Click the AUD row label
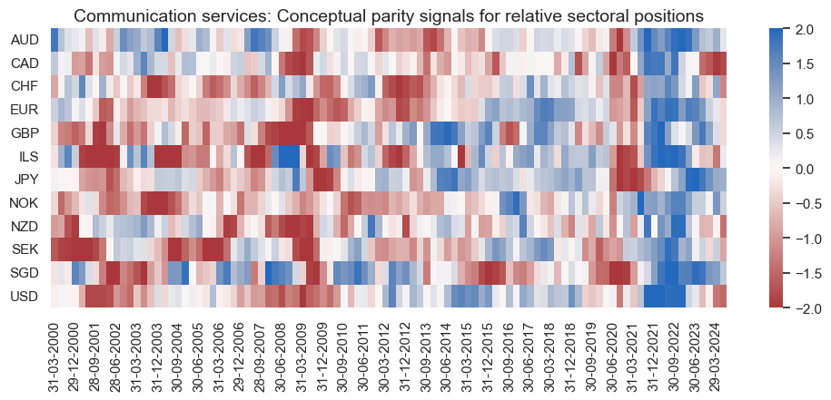(x=24, y=40)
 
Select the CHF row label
(x=24, y=87)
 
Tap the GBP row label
(x=24, y=133)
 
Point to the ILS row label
(x=27, y=157)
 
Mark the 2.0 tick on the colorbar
(x=804, y=29)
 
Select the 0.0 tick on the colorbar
(x=804, y=169)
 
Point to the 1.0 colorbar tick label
(x=804, y=99)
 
